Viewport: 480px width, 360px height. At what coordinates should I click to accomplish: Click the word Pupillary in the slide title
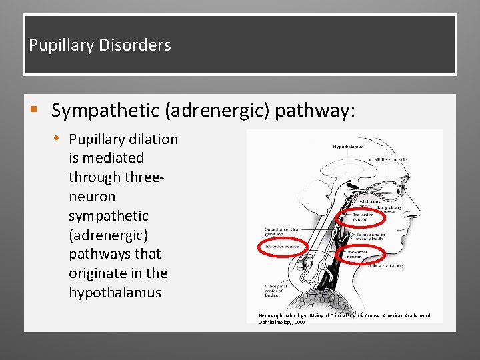[61, 45]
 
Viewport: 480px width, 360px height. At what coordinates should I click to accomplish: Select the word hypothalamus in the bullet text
[115, 293]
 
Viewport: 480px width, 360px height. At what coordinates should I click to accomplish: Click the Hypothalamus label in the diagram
[348, 146]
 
